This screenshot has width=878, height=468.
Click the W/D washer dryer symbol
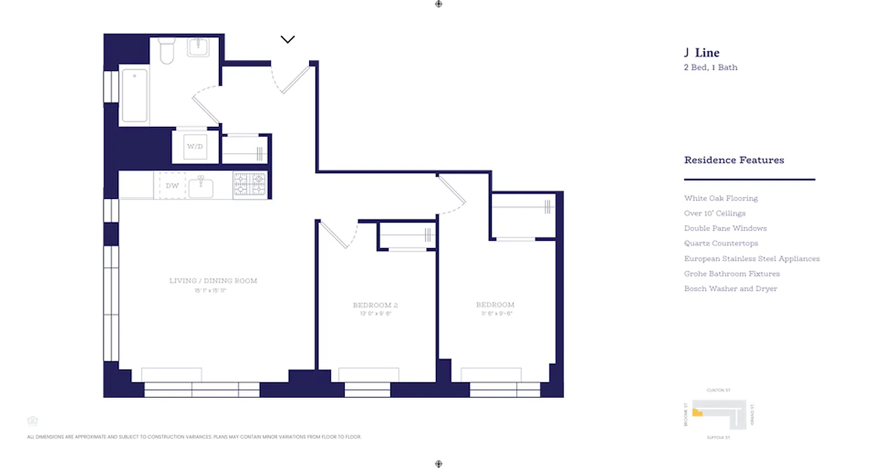coord(195,146)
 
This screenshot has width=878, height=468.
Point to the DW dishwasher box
coord(172,186)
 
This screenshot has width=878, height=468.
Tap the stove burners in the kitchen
coord(250,184)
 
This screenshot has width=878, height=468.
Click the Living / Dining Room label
coord(213,281)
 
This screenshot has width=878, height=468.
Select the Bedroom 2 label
coord(375,305)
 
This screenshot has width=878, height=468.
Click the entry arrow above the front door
coord(287,40)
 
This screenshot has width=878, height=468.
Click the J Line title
coord(701,53)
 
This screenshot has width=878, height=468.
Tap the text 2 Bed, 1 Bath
coord(711,67)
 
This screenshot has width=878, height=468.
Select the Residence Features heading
coord(734,160)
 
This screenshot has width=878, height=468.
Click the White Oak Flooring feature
coord(721,198)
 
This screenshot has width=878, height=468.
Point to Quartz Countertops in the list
coord(721,243)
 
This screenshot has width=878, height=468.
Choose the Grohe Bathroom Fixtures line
coord(732,274)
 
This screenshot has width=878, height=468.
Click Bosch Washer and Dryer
coord(730,289)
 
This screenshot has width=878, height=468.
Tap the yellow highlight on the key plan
coord(697,412)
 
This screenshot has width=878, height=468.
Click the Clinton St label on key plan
coord(719,390)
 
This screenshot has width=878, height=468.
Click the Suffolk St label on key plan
coord(719,438)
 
